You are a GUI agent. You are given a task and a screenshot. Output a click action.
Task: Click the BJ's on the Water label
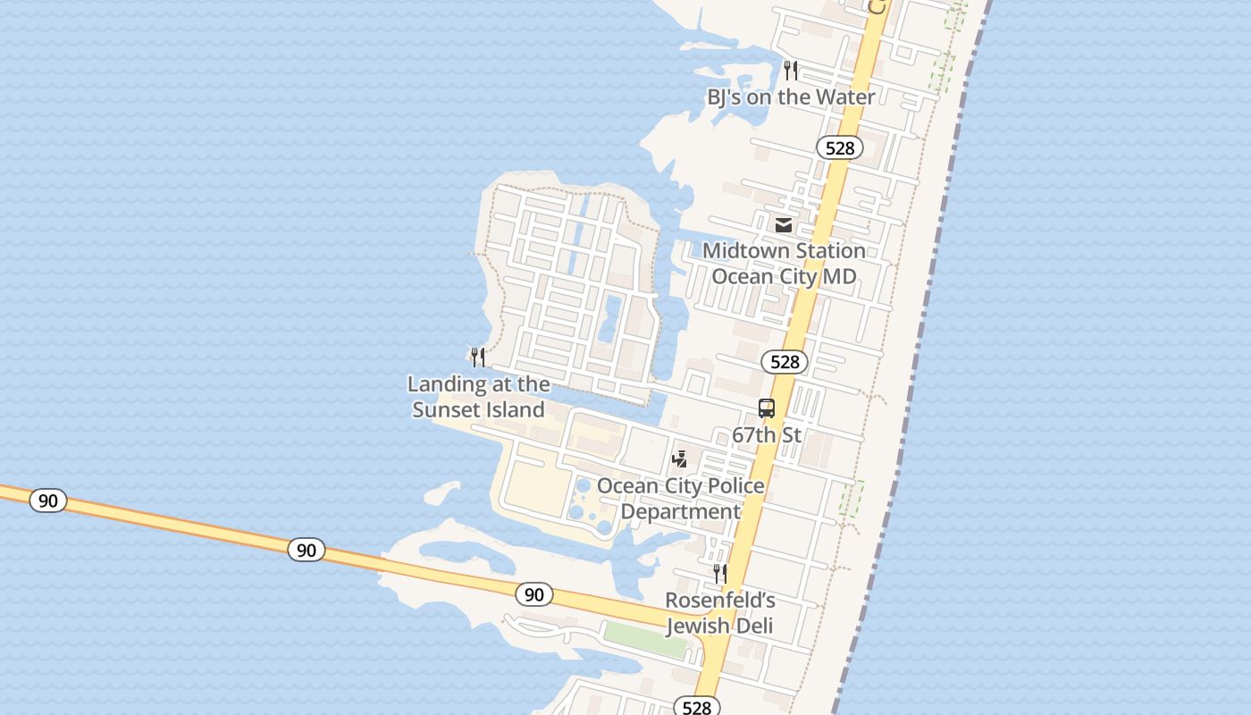pyautogui.click(x=791, y=97)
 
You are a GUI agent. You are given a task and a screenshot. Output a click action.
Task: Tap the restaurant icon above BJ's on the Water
pyautogui.click(x=791, y=70)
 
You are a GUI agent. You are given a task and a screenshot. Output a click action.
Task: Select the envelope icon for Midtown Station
pyautogui.click(x=784, y=224)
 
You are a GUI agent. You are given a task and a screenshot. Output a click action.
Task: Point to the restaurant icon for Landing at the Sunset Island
pyautogui.click(x=478, y=357)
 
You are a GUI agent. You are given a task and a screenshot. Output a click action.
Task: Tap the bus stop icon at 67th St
pyautogui.click(x=767, y=408)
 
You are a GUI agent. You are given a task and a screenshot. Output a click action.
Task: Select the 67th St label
pyautogui.click(x=767, y=435)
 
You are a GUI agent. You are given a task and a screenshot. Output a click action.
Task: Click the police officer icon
pyautogui.click(x=680, y=459)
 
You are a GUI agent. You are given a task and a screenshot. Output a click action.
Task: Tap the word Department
pyautogui.click(x=680, y=511)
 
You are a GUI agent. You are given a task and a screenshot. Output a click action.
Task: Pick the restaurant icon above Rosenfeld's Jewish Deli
pyautogui.click(x=720, y=573)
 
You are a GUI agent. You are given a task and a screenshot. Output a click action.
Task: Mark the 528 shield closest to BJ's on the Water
pyautogui.click(x=840, y=147)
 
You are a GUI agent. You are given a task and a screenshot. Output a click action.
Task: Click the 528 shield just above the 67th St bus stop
pyautogui.click(x=785, y=361)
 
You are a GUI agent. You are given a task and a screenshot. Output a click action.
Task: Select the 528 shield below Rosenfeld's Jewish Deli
pyautogui.click(x=696, y=707)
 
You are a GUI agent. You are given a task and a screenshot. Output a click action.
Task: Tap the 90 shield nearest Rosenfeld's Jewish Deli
pyautogui.click(x=533, y=593)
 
